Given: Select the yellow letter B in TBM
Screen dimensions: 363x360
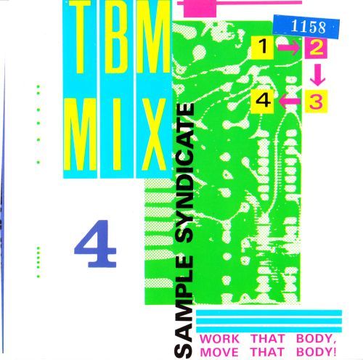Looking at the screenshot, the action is pos(115,36).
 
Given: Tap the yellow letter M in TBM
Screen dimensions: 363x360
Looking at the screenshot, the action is pos(152,36).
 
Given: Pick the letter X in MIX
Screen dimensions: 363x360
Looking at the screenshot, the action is pos(152,134).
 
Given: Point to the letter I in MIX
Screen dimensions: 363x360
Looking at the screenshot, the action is pos(117,134).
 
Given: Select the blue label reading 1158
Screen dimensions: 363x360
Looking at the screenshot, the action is pos(306,26).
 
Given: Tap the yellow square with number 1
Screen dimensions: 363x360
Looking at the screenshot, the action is pos(263,47).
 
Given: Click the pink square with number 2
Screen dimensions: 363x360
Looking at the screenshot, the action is pos(316,48).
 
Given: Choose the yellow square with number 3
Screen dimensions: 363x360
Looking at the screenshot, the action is pos(316,102).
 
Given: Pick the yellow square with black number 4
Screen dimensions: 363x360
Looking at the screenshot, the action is pos(263,101).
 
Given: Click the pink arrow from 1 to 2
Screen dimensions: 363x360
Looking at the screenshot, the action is pos(289,48).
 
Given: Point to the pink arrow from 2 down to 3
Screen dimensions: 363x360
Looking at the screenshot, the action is pos(317,75).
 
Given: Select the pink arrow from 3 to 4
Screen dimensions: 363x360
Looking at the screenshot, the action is pos(290,100).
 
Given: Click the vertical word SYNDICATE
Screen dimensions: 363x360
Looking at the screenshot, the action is pos(185,173).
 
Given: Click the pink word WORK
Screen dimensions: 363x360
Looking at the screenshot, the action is pos(219,339).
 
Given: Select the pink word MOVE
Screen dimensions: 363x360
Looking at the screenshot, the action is pos(219,352).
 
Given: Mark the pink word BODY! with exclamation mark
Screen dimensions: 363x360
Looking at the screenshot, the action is pos(317,352).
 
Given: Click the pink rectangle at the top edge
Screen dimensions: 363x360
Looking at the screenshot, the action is pos(200,9).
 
